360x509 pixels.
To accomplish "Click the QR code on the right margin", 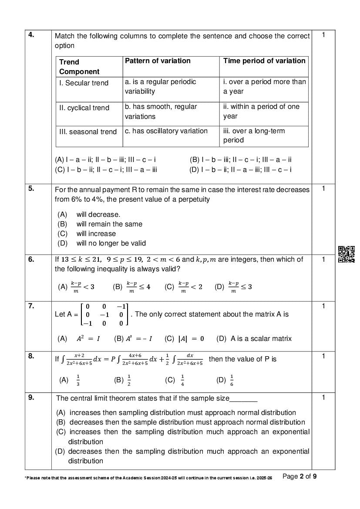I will pos(347,254).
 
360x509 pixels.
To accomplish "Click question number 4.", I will pos(31,35).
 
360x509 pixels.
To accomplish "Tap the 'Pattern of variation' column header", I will pos(158,61).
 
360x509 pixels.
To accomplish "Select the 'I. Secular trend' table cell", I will pos(84,83).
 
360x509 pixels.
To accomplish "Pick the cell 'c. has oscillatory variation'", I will pos(166,131).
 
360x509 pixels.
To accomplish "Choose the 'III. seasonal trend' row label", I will pos(88,131).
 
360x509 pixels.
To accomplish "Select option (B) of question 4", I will pos(241,160).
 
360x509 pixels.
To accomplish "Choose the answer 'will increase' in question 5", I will pos(96,233).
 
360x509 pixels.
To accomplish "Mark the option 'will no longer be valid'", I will pos(111,243).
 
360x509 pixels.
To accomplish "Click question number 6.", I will pos(31,260).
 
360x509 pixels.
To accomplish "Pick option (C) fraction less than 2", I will pos(183,287).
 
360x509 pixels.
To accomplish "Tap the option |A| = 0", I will pos(185,338).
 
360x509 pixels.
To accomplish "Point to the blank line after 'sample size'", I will pos(243,398).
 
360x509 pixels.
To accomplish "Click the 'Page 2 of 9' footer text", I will pos(299,476).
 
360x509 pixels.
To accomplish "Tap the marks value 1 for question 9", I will pos(323,397).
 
